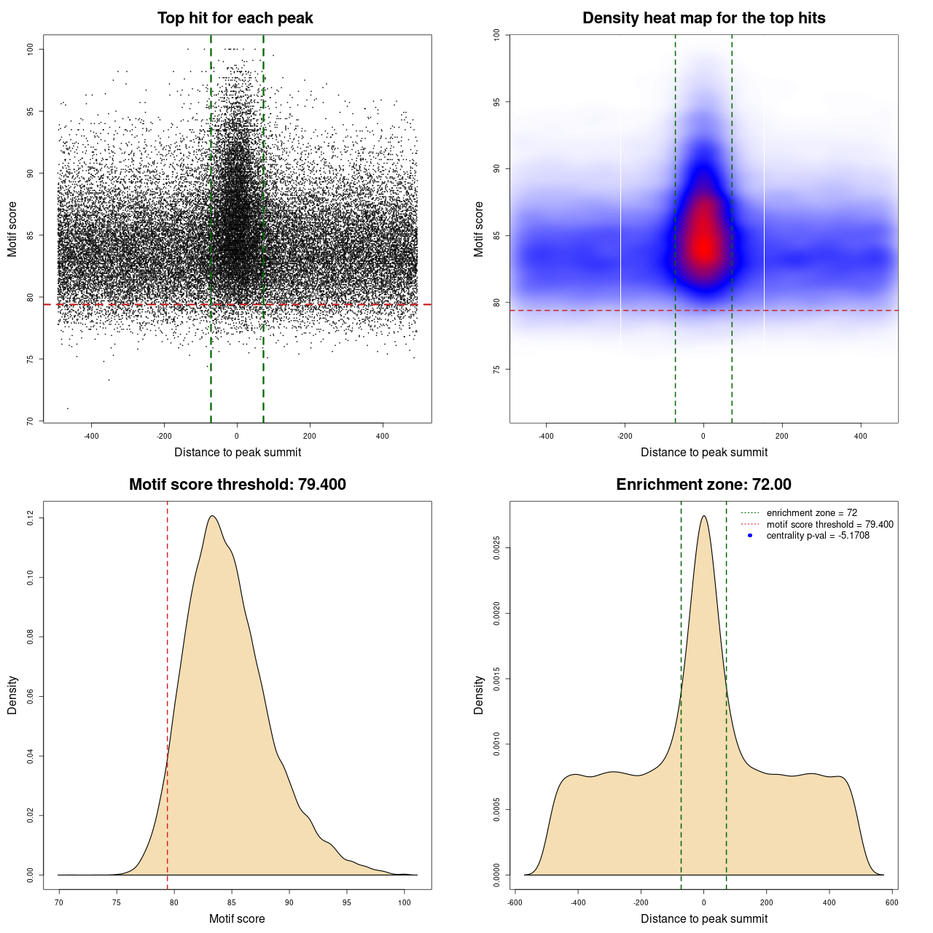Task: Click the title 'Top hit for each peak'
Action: [x=235, y=18]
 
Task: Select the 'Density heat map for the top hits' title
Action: [x=703, y=18]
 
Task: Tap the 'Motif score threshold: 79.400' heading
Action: [x=237, y=485]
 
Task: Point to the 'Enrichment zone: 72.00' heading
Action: [x=703, y=485]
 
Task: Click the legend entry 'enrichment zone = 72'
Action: [x=811, y=513]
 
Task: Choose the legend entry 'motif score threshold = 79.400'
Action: [x=829, y=524]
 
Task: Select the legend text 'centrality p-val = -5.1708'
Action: [x=818, y=536]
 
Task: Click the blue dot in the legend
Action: [x=750, y=536]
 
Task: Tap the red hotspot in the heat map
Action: [x=704, y=244]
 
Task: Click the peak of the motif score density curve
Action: [x=212, y=516]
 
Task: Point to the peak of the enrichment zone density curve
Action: [x=703, y=516]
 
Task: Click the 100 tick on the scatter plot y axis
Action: [x=30, y=49]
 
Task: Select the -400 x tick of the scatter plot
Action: [x=91, y=436]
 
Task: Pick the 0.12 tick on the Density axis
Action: [x=30, y=518]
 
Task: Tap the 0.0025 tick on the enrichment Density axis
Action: [x=496, y=547]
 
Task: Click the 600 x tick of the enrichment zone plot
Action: [x=891, y=902]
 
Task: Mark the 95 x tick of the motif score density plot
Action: [x=347, y=902]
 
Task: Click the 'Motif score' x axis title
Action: [x=237, y=919]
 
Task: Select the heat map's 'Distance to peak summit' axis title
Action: [x=703, y=453]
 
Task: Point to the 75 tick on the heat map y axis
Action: [x=496, y=370]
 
